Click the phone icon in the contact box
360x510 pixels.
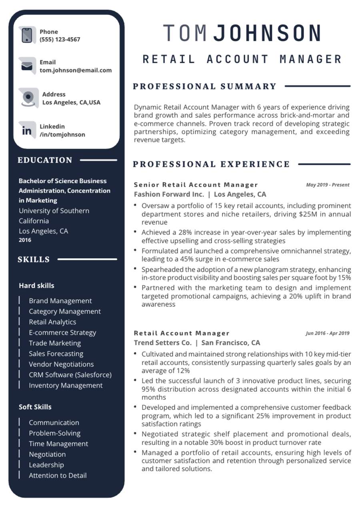pos(27,35)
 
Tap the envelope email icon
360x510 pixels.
pos(27,66)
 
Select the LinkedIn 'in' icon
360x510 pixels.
pos(27,131)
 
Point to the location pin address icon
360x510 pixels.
pos(28,97)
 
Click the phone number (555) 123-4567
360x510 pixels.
pos(60,40)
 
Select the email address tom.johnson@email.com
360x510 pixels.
pos(76,70)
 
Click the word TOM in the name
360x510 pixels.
pos(185,33)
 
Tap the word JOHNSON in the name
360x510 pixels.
pos(267,33)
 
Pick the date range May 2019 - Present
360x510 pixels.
pos(328,185)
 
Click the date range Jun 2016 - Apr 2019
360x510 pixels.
pos(327,333)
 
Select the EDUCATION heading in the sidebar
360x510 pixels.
pos(45,160)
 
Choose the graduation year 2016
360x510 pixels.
pos(25,240)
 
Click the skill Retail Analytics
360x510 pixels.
pos(52,322)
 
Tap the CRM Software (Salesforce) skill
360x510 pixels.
pos(70,375)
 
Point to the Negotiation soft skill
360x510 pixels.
pos(47,454)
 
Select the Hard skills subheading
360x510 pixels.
pos(36,286)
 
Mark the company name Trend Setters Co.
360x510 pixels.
pos(163,343)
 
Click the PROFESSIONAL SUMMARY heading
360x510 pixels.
pos(204,86)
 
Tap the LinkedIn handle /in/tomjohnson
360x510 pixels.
pos(62,135)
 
